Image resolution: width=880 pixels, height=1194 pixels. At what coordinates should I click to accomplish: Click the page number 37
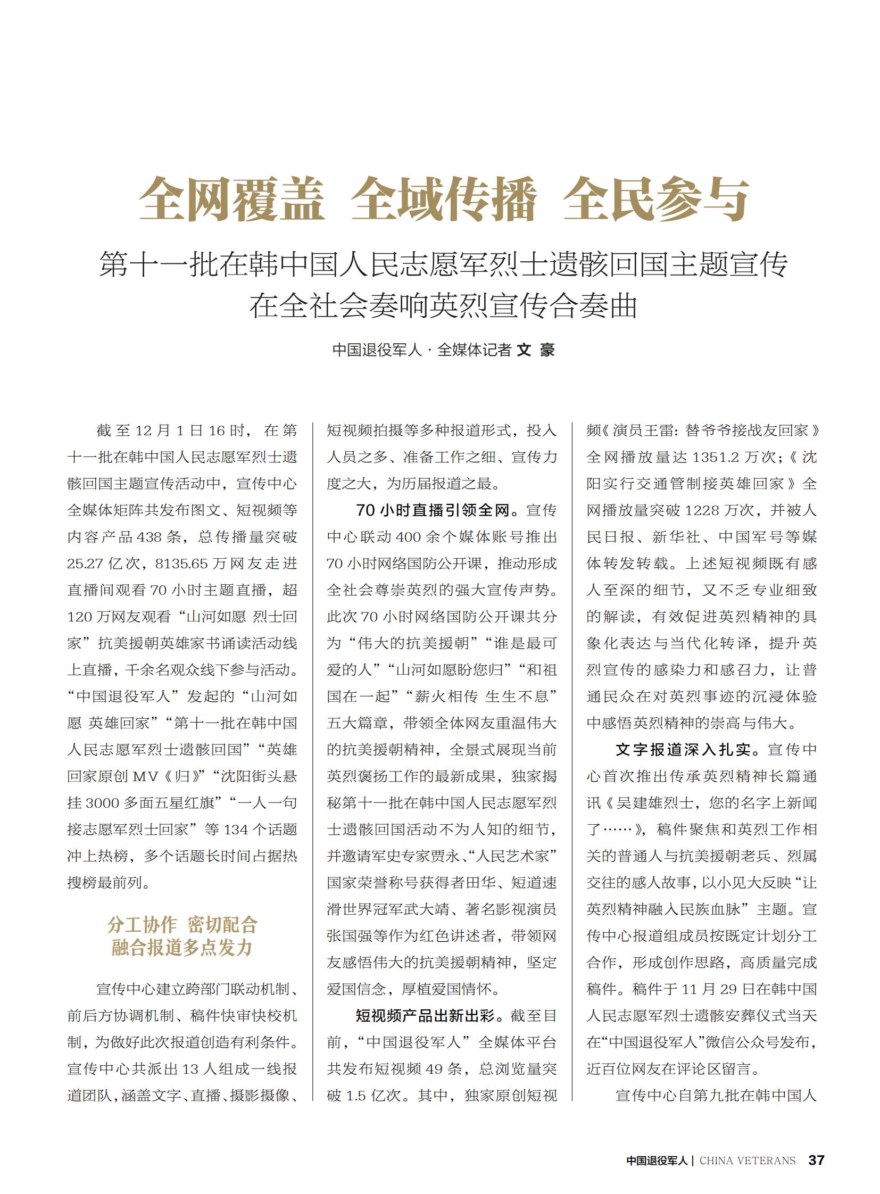pos(816,1160)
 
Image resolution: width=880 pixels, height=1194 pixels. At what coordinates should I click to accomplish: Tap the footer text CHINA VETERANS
pos(747,1160)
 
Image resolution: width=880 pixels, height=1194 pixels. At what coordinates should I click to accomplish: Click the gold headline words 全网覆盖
pos(232,200)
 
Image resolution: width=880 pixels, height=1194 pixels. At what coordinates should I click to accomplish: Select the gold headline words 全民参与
pos(656,200)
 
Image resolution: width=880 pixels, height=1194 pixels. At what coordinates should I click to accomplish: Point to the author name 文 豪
pos(536,350)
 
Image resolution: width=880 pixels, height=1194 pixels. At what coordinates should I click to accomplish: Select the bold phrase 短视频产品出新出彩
pos(425,1016)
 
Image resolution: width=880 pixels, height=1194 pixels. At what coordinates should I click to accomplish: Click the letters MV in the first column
pos(145,776)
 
